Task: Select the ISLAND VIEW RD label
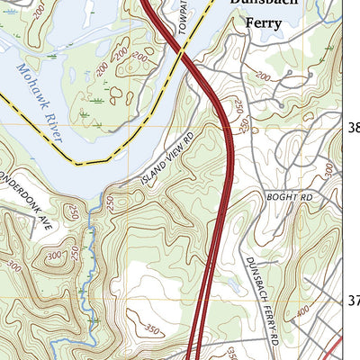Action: [x=167, y=161]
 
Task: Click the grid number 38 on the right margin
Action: [x=353, y=128]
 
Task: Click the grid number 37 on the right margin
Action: [x=353, y=301]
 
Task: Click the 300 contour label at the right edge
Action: [x=329, y=167]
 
